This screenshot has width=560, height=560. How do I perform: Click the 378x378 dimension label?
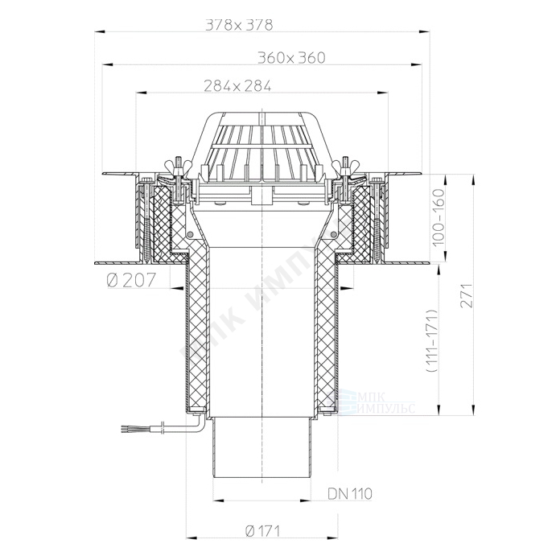(x=239, y=25)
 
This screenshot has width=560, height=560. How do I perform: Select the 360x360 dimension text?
(x=292, y=58)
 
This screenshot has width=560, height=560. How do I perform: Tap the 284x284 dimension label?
(x=238, y=86)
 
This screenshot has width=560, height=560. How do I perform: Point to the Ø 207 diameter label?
(x=131, y=279)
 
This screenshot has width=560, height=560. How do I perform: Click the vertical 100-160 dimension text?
(x=439, y=217)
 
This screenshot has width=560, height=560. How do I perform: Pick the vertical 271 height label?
(x=467, y=296)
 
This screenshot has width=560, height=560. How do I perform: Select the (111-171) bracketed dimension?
(x=433, y=341)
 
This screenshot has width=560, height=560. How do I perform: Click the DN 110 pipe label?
(x=350, y=494)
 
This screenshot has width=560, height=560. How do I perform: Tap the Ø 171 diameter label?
(x=262, y=531)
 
